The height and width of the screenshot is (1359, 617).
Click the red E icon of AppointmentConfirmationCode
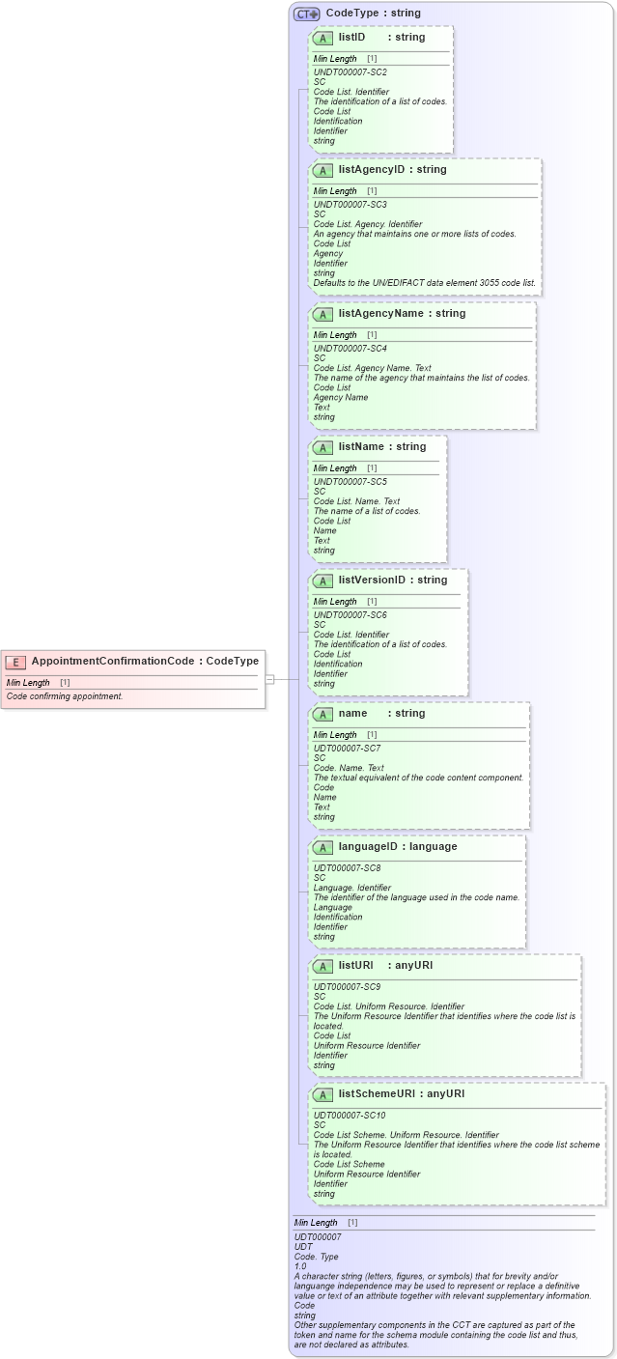coord(15,661)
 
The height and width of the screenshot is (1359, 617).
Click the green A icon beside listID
coord(324,38)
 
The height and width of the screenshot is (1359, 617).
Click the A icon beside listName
coord(324,447)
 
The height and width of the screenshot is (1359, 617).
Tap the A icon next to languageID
coord(324,847)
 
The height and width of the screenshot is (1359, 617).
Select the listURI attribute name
coord(356,965)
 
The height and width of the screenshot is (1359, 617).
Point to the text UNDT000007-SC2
coord(351,71)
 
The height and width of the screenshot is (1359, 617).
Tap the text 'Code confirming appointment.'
coord(65,696)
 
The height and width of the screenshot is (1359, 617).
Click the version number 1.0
coord(300,1266)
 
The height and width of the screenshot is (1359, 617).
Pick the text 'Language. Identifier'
coord(352,888)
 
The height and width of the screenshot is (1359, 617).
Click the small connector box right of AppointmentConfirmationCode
coord(270,679)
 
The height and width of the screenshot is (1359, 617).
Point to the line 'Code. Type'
coord(317,1257)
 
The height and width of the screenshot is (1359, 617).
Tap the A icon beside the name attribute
coord(324,714)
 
